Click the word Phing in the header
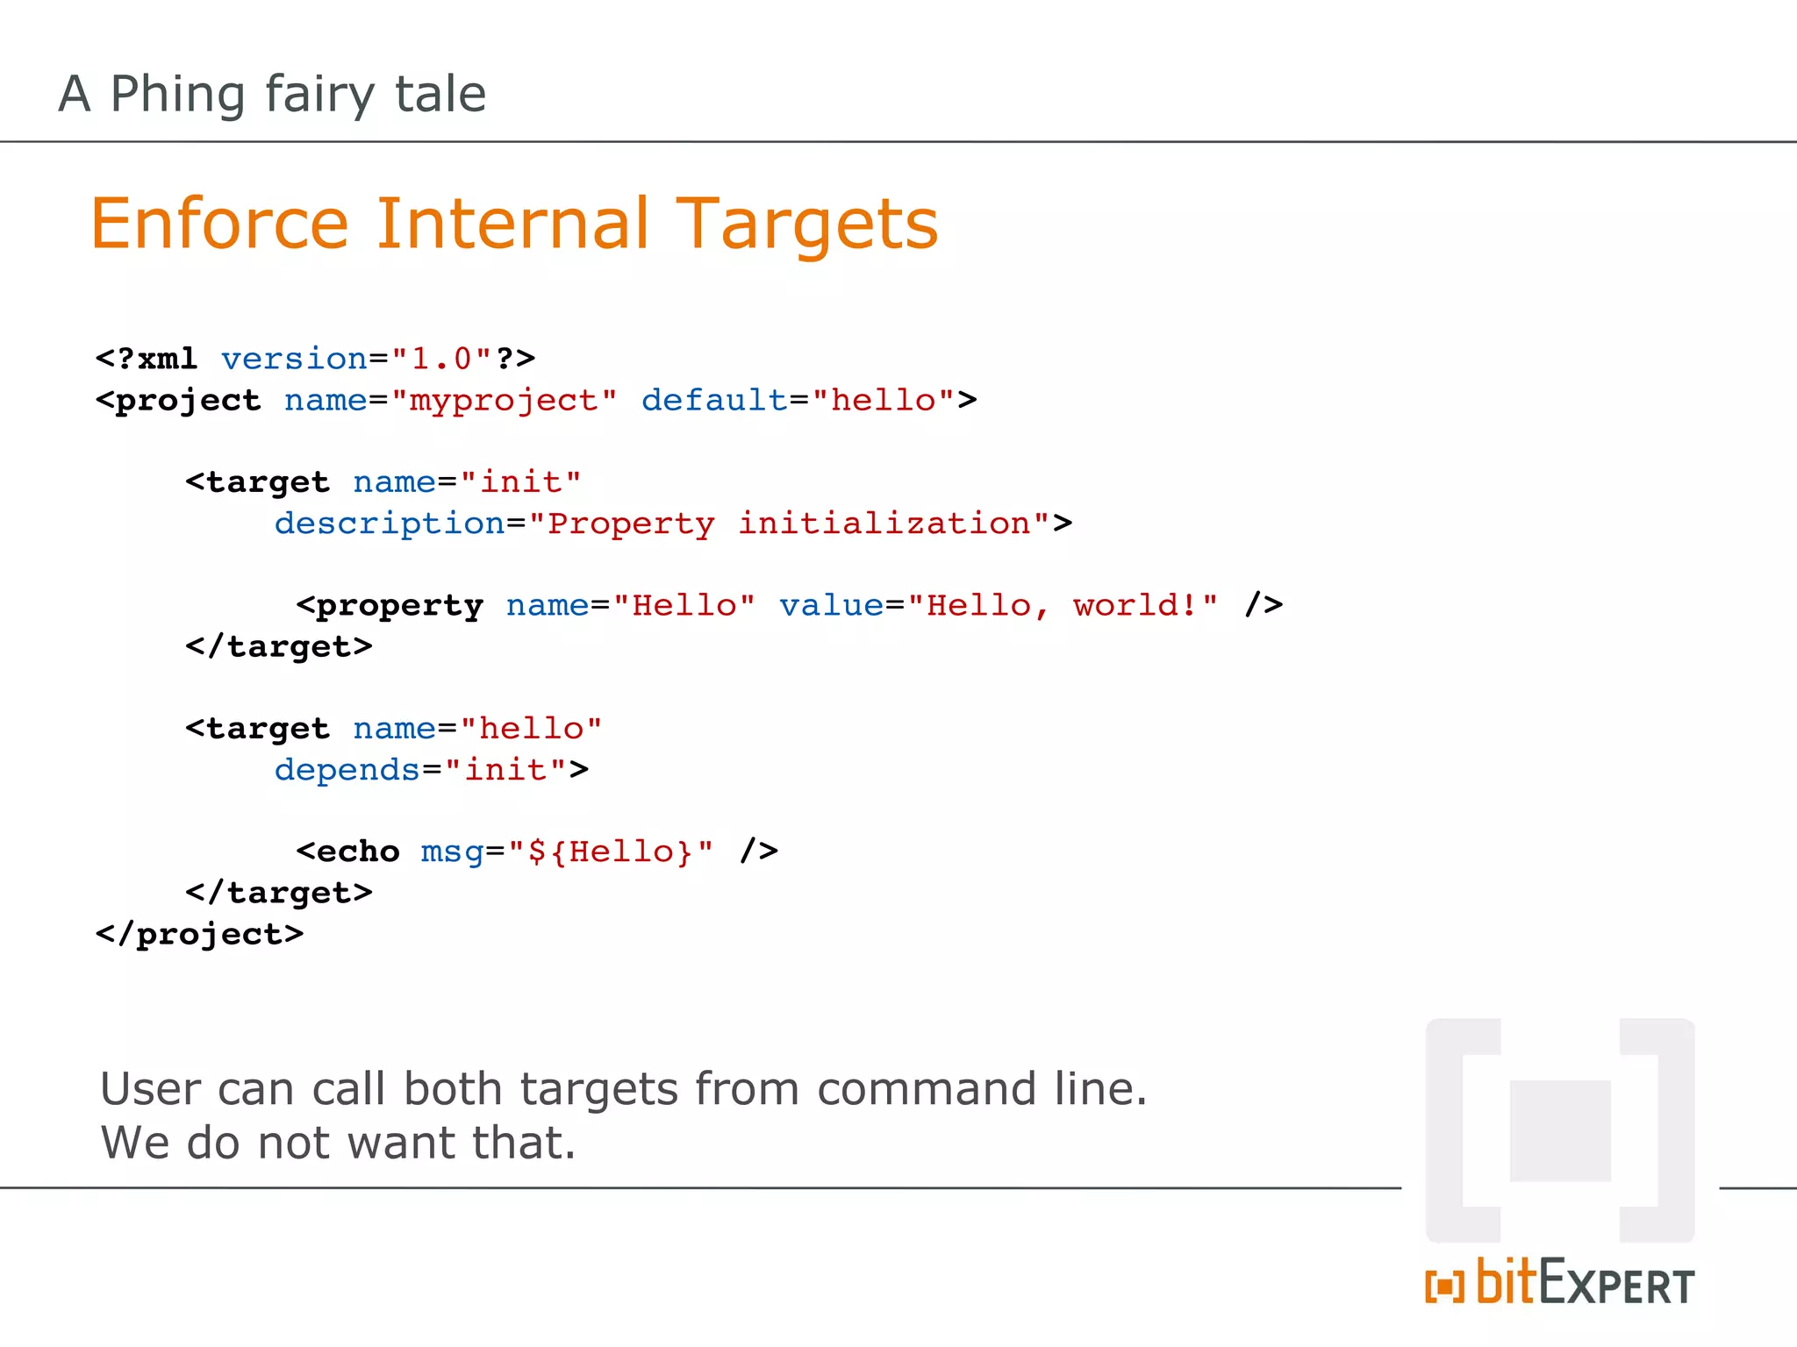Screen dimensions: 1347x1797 coord(177,95)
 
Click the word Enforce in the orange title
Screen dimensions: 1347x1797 coord(219,224)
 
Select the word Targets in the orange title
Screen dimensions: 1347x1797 coord(806,224)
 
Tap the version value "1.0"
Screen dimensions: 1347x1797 coord(441,360)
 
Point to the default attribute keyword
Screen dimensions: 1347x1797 coord(714,401)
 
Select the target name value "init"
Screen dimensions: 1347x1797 coord(520,482)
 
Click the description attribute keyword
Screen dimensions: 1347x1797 coord(390,524)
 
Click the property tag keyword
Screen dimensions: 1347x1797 coord(399,606)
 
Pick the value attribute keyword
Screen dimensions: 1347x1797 coord(831,606)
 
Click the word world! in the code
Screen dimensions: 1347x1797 coord(1135,606)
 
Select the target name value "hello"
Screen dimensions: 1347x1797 coord(531,729)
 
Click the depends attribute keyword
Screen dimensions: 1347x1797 coord(347,770)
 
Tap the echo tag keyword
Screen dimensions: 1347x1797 coord(357,852)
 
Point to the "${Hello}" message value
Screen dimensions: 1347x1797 coord(611,852)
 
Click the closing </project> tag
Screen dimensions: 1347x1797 coord(200,934)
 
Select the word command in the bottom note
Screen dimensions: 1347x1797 coord(927,1089)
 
